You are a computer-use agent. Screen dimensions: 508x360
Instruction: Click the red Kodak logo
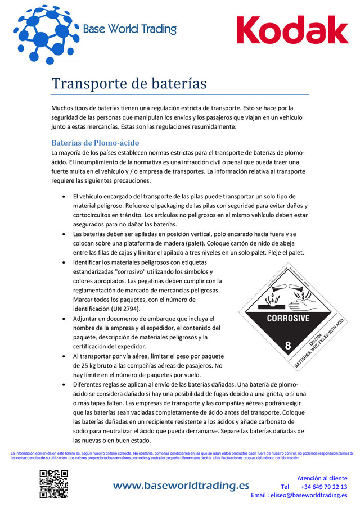coord(292,31)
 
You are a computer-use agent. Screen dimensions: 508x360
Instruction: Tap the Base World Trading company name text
coord(129,29)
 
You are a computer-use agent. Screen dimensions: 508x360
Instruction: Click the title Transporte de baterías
coord(129,84)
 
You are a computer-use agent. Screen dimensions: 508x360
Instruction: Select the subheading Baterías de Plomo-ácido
coord(95,143)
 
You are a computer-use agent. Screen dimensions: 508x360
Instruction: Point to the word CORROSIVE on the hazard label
coord(287,318)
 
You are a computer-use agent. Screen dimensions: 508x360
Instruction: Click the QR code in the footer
coord(53,484)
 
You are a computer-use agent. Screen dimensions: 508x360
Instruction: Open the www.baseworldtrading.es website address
coord(181,486)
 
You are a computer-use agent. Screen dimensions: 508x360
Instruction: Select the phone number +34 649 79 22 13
coord(323,487)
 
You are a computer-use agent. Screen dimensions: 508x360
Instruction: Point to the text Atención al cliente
coord(322,478)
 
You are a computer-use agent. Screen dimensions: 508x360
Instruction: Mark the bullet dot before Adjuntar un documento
coord(66,319)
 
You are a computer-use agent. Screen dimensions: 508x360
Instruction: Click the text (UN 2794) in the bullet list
coord(122,309)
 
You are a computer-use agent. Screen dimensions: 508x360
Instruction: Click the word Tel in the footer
coord(285,487)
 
